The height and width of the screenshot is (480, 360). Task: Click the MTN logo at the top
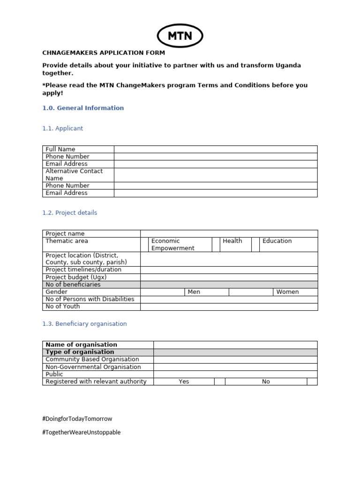tap(180, 36)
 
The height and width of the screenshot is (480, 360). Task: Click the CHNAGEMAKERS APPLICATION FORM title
tap(104, 53)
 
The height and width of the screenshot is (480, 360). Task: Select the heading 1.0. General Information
tap(83, 108)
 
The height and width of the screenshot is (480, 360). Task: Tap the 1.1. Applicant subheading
tap(62, 128)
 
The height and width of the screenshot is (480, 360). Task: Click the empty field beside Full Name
tap(216, 149)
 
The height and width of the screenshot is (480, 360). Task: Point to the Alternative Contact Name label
tap(74, 175)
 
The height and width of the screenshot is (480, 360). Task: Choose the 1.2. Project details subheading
tap(69, 213)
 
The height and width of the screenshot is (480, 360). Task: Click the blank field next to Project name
tap(229, 233)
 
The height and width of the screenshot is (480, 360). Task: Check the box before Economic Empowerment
tap(144, 244)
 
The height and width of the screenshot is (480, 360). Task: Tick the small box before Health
tap(216, 244)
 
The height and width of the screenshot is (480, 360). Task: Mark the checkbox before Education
tap(255, 244)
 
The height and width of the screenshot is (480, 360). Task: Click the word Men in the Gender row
tap(194, 292)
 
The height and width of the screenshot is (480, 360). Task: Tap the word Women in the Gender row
tap(287, 292)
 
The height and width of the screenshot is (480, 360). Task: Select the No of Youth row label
tap(63, 307)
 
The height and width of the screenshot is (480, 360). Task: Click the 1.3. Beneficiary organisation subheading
tap(84, 324)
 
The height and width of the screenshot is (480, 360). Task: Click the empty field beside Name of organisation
tap(235, 345)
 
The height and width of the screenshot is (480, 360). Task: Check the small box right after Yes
tap(220, 382)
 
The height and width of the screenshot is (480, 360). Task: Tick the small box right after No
tap(312, 382)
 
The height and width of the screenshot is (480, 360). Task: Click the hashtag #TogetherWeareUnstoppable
tap(81, 433)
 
